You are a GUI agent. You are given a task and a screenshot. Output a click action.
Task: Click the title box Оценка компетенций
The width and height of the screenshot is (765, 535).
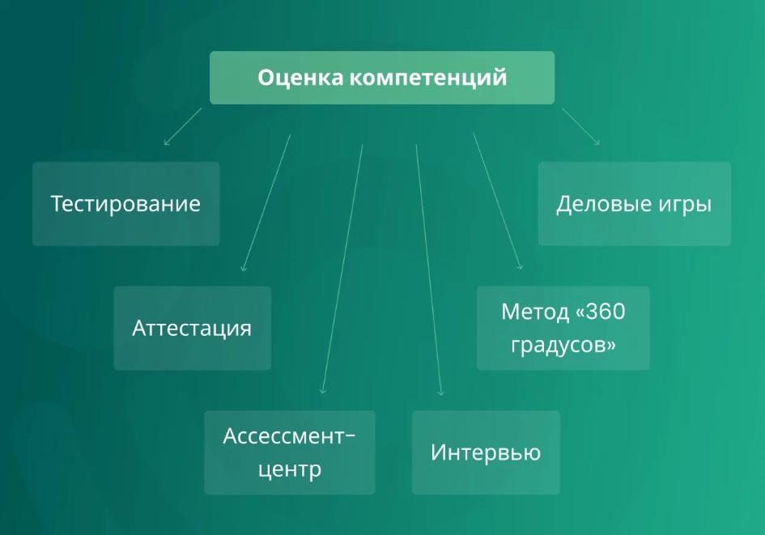382,78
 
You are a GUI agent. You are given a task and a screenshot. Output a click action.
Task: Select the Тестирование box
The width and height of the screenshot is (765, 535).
125,204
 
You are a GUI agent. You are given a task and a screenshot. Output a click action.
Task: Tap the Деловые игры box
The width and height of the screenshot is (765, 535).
634,204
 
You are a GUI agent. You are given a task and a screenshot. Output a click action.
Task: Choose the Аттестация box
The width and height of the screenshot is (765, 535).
192,329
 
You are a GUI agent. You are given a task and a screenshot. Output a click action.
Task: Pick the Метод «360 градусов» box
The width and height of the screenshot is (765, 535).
563,329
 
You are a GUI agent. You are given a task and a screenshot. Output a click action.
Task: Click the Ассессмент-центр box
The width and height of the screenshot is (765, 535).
290,452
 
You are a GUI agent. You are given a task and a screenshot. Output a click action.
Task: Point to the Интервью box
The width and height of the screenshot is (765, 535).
486,452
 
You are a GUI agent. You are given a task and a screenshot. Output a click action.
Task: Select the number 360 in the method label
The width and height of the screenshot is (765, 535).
606,312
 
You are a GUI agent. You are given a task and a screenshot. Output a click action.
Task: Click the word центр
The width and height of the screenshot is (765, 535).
290,470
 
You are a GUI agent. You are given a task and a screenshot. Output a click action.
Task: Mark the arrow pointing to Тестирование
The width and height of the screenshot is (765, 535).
183,126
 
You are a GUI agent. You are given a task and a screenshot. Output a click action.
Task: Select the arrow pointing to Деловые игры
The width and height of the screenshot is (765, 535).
580,126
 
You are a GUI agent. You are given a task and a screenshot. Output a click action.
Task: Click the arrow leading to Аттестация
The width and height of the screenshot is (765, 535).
266,202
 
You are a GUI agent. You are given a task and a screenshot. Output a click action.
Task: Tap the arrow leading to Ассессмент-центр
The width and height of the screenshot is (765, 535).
342,269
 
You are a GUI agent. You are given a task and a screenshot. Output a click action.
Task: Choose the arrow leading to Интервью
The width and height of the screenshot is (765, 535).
429,270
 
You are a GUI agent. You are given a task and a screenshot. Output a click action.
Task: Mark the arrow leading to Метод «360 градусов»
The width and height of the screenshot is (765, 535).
498,201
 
